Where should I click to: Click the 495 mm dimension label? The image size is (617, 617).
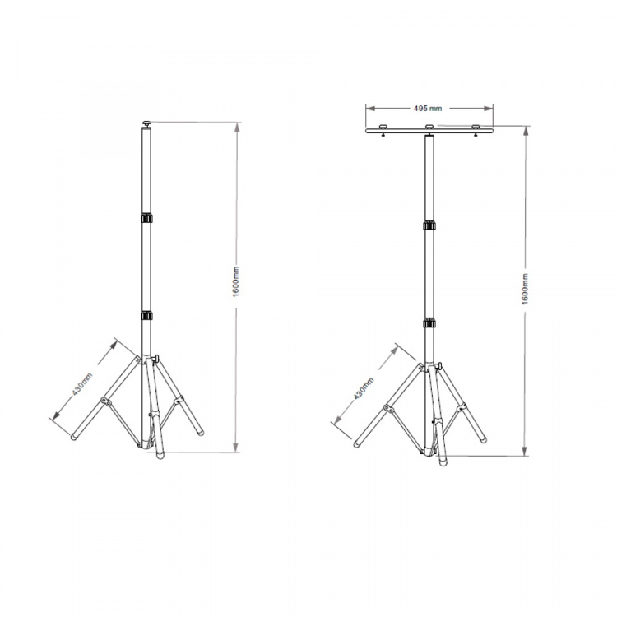429,107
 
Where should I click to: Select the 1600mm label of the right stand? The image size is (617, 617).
524,289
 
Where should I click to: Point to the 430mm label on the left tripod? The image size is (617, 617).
81,385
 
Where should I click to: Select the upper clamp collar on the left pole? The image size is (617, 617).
146,219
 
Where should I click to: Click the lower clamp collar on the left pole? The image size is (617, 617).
146,316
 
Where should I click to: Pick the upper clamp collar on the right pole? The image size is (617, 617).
429,225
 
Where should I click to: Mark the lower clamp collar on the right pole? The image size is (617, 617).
429,323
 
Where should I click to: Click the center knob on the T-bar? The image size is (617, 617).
429,127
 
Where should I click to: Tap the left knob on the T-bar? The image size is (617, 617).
383,127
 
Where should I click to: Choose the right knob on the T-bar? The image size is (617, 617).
476,127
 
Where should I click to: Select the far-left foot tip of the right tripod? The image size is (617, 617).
358,444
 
